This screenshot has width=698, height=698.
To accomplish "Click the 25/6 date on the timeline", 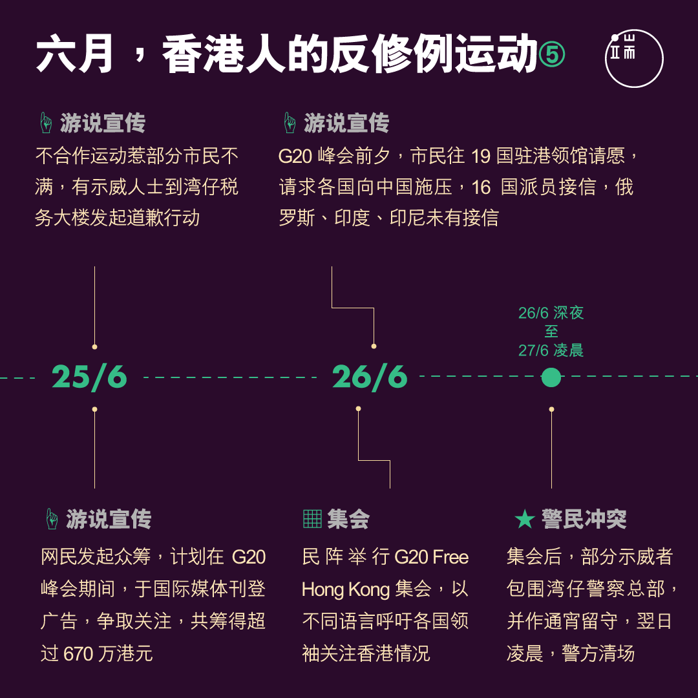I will (x=89, y=377).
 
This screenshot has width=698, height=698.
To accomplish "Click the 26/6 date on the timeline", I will (x=370, y=377).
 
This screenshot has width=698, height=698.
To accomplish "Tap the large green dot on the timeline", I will (x=551, y=377).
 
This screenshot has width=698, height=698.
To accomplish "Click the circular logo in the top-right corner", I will (x=634, y=58).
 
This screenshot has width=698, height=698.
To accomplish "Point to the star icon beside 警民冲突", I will (x=524, y=519).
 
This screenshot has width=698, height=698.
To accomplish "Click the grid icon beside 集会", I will (x=312, y=518).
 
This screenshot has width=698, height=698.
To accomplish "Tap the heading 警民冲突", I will (x=584, y=519).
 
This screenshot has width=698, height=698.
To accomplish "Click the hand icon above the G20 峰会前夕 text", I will (x=290, y=123).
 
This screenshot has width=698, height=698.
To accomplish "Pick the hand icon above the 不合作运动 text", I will (x=46, y=123).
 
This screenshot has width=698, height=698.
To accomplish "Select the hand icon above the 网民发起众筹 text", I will (x=52, y=519).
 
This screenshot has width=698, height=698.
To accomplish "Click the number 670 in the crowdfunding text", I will (x=79, y=653).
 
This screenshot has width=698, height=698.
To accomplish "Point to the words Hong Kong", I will (x=345, y=589).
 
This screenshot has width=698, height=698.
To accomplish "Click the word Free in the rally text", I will (x=450, y=557).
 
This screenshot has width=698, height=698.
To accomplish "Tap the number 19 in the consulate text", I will (x=481, y=156).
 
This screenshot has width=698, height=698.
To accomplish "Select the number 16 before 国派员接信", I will (x=481, y=187).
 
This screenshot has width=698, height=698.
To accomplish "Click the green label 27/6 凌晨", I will (x=551, y=350).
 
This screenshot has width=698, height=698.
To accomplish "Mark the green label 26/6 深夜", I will (x=551, y=313).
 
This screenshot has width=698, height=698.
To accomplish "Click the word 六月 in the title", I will (x=74, y=54).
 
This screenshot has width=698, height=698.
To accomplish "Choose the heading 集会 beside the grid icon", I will (x=348, y=519).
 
